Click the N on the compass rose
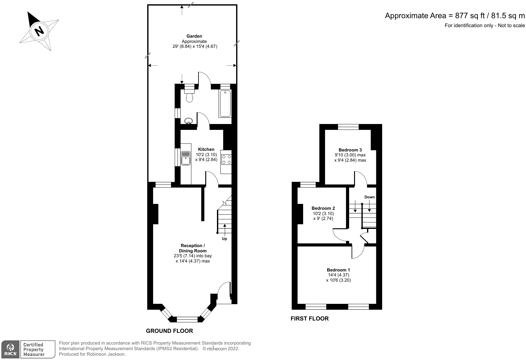(39, 31)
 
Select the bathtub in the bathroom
(225, 103)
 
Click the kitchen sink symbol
(186, 158)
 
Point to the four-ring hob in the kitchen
(226, 159)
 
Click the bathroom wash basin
(188, 121)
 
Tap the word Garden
(194, 36)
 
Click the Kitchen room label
(206, 149)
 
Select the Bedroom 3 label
(350, 150)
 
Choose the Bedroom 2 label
(323, 208)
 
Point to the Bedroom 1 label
(338, 270)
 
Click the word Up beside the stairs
(224, 239)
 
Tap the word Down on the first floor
(369, 197)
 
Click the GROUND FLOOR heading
(169, 331)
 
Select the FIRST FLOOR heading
(310, 318)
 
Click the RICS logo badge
(10, 350)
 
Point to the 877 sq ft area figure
(470, 16)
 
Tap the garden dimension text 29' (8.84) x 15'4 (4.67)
(195, 47)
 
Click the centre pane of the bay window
(187, 319)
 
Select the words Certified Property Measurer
(34, 350)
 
